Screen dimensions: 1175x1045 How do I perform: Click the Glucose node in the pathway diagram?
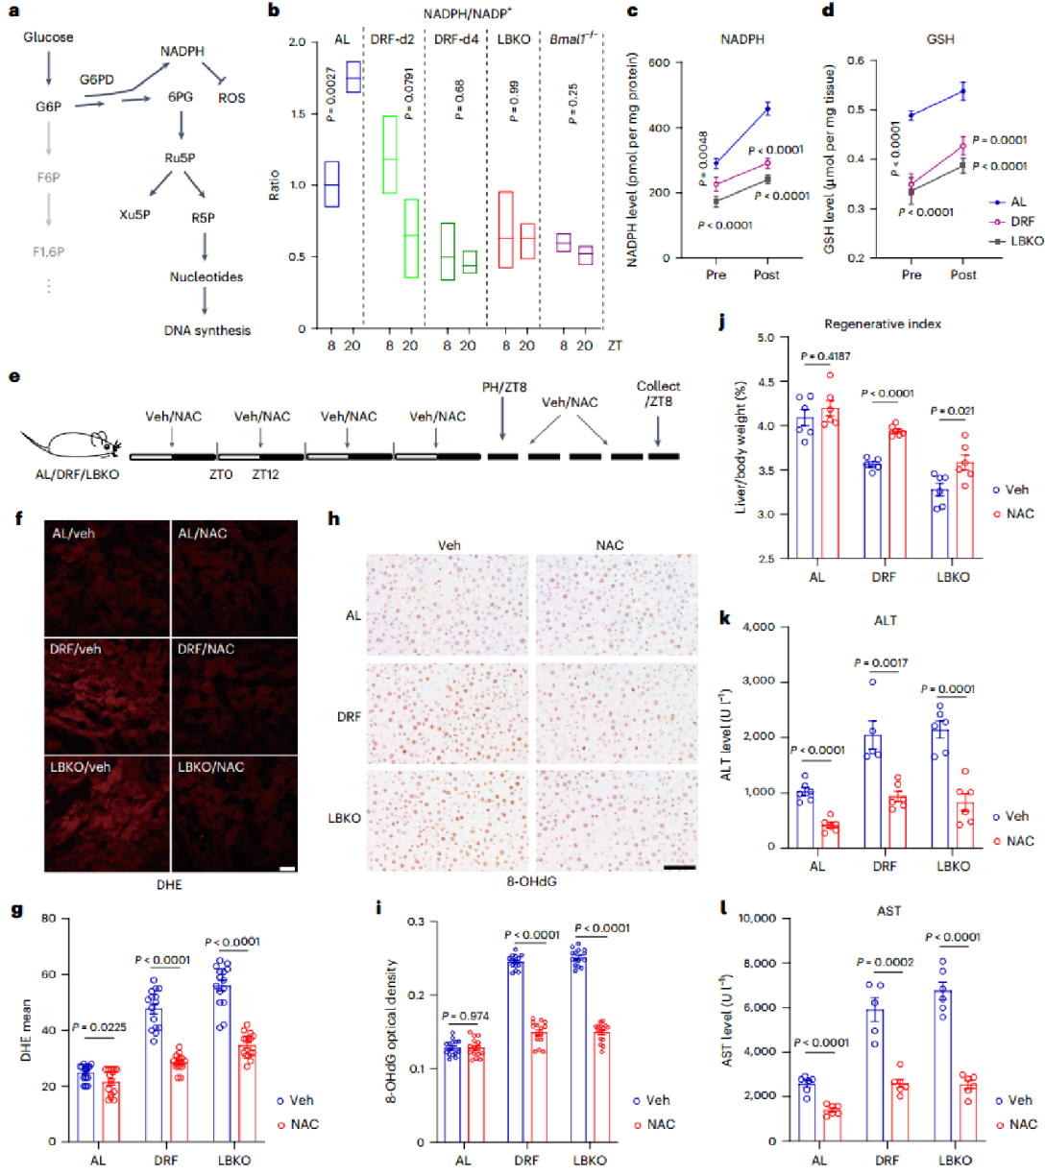point(48,37)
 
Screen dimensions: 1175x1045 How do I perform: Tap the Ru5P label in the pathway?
point(180,157)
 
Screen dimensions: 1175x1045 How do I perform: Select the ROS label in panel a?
point(231,98)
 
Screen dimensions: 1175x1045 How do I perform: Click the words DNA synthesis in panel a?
point(207,330)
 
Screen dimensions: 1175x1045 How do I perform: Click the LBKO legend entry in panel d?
point(1026,241)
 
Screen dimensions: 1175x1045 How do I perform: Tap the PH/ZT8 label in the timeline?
point(504,387)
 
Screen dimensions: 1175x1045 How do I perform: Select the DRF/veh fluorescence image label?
point(75,649)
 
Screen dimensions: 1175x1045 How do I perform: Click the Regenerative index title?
point(882,324)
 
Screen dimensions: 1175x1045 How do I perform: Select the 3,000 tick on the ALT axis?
point(757,682)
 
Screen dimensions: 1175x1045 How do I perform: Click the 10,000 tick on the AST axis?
point(755,919)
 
